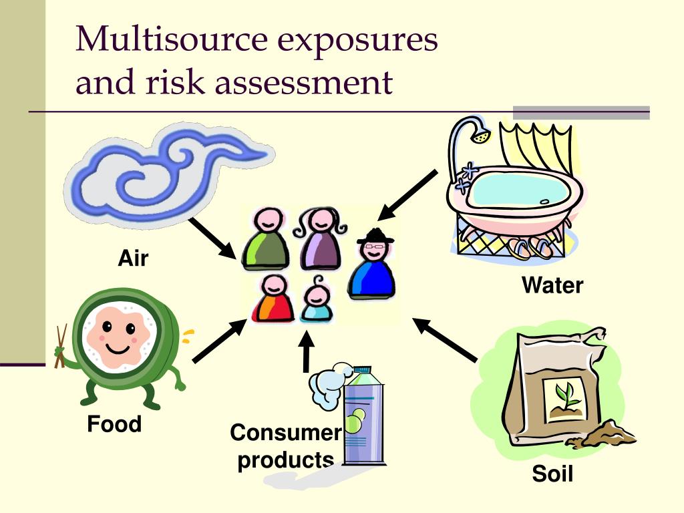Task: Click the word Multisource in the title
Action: (x=172, y=39)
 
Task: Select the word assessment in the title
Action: (x=304, y=81)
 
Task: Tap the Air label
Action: (x=133, y=258)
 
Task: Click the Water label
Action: (x=552, y=285)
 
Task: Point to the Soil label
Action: (x=552, y=474)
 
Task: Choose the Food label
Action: (x=114, y=423)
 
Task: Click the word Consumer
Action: (x=286, y=432)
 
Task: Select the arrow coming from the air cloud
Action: (x=213, y=238)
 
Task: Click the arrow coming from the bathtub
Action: (x=407, y=195)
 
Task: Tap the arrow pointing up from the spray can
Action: (x=307, y=352)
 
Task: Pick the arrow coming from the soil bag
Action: (x=444, y=340)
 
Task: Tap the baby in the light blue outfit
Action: (x=316, y=299)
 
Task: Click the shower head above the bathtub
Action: (x=480, y=134)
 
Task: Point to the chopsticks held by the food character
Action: (x=61, y=345)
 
